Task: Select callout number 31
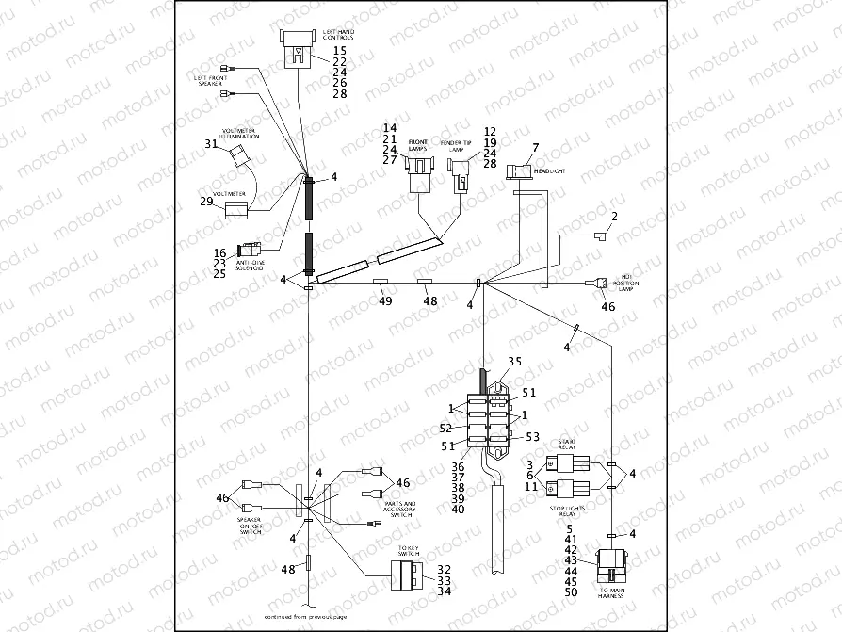pos(211,144)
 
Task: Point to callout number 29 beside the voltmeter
pos(206,202)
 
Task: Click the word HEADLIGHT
pos(549,172)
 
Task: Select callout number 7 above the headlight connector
pos(535,148)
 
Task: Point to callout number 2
pos(613,217)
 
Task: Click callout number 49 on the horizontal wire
pos(385,301)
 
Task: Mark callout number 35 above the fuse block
pos(514,361)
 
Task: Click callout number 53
pos(531,436)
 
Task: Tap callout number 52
pos(445,429)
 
